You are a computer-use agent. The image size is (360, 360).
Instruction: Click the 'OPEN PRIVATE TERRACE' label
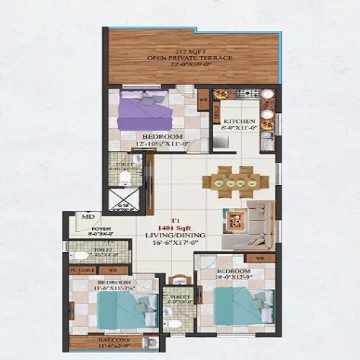[x=192, y=57]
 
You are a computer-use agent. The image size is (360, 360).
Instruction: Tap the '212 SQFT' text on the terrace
[x=192, y=50]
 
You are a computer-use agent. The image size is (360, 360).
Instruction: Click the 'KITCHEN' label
[x=238, y=121]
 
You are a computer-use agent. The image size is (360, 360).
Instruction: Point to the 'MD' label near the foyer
[x=89, y=216]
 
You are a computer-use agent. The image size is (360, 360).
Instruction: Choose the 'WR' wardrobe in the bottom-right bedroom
[x=260, y=258]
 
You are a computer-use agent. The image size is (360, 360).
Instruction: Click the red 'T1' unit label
[x=174, y=220]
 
